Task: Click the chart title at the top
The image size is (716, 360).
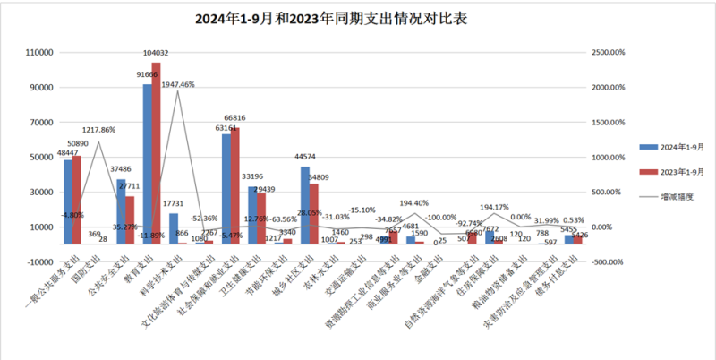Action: tap(358, 18)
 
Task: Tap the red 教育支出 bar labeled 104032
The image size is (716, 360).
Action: tap(158, 152)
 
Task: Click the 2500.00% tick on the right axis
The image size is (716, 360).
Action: tap(608, 53)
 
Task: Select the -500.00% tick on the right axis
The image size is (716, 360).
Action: tap(608, 261)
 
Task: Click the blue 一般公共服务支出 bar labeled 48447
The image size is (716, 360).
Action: tap(68, 201)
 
